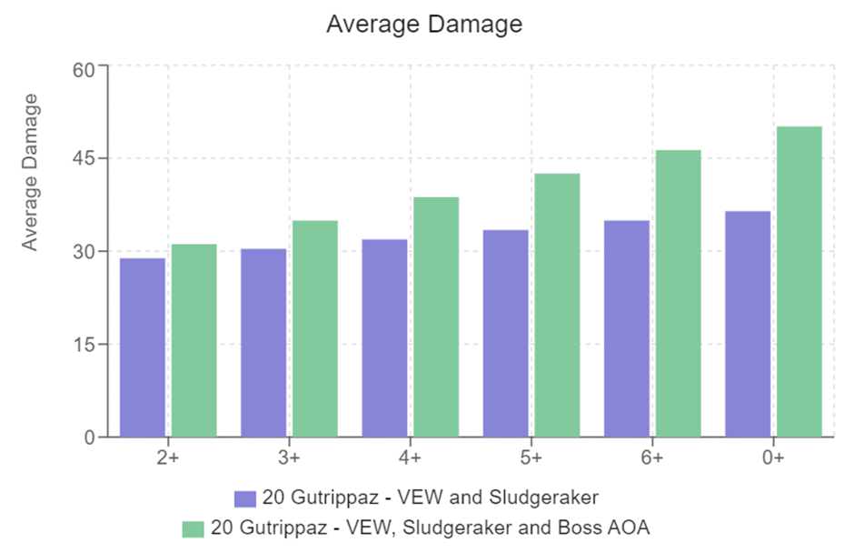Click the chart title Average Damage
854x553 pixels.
tap(424, 25)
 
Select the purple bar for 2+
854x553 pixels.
tap(143, 347)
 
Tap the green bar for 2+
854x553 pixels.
tap(194, 340)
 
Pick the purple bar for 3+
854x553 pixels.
tap(263, 343)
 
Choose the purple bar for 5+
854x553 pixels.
tap(506, 333)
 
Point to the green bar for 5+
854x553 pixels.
tap(557, 305)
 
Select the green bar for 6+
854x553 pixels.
tap(679, 293)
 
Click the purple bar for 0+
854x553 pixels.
tap(748, 324)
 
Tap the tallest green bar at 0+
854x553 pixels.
tap(799, 281)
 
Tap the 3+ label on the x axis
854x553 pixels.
tap(289, 457)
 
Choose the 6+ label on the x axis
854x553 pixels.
tap(652, 457)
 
